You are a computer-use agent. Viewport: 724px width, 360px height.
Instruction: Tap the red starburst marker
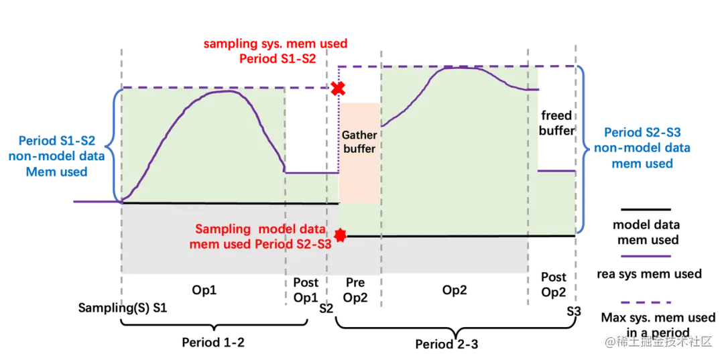click(341, 235)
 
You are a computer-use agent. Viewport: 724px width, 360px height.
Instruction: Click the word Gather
click(359, 135)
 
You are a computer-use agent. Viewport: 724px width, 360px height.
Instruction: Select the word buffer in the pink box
click(359, 148)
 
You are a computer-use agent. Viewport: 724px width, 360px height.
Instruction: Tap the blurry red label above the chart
click(276, 52)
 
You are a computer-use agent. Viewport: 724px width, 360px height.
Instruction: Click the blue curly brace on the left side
click(116, 144)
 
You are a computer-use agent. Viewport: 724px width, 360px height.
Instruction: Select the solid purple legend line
click(646, 256)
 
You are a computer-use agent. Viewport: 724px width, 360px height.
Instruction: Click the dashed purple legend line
click(646, 302)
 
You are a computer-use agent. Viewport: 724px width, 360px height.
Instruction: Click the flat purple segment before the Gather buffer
click(312, 172)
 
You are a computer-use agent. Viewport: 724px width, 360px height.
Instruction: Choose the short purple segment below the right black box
click(558, 170)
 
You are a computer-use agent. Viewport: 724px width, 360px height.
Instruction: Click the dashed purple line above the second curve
click(456, 65)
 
